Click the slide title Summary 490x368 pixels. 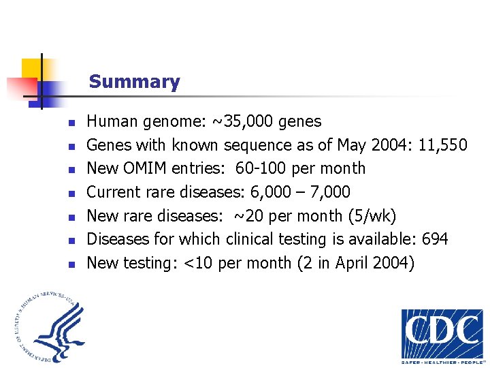click(134, 82)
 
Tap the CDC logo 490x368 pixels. click(442, 334)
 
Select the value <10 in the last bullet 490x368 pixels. click(197, 263)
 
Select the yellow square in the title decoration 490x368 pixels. click(32, 69)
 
